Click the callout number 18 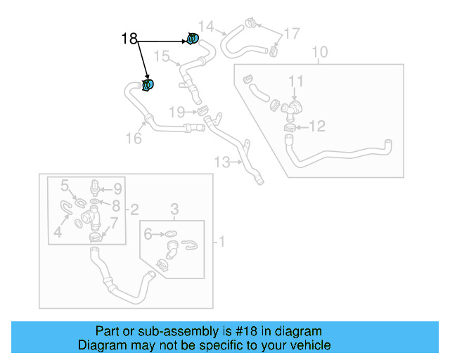[x=129, y=39]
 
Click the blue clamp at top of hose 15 [x=193, y=39]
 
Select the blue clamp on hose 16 [x=148, y=86]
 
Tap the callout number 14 [x=205, y=26]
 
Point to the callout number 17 [x=291, y=33]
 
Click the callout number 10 [x=319, y=52]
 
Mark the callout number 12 [x=318, y=127]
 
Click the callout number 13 [x=221, y=162]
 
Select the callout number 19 [x=176, y=112]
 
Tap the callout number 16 [x=134, y=138]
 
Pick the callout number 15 [x=162, y=56]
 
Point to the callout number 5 [x=65, y=186]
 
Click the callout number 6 [x=148, y=234]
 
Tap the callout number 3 [x=175, y=209]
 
